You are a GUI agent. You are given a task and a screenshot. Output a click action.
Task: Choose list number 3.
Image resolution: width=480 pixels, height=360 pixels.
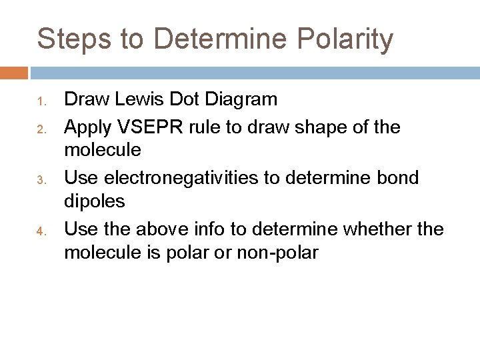(x=41, y=179)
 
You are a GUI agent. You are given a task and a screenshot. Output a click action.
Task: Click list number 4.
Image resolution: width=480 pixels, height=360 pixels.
(x=41, y=231)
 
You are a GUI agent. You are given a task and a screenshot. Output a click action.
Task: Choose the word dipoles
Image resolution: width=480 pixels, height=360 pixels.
(x=93, y=202)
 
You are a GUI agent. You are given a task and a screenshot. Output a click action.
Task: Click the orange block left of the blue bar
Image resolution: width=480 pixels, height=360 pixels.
(x=14, y=72)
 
